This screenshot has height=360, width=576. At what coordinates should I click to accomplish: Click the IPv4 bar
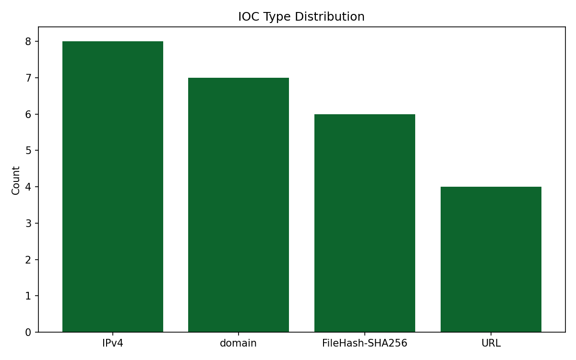coord(113,187)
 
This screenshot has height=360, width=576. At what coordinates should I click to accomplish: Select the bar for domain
coord(239,205)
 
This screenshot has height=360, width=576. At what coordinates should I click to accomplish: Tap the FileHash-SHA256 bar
coord(365,223)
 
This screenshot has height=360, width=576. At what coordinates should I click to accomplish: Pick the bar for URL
coord(491,259)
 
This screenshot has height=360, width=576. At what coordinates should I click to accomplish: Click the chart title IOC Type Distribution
coord(301,17)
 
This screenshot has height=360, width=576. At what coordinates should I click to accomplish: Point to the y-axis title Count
coord(16,180)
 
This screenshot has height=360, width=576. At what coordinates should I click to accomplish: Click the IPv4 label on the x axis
coord(113,343)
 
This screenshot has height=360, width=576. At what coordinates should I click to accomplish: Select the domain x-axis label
coord(239,343)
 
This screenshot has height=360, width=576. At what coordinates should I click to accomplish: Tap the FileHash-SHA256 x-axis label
coord(365,343)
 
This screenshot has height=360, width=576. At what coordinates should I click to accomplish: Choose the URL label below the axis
coord(491,343)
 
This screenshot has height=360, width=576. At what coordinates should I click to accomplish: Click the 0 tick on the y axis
coord(28,332)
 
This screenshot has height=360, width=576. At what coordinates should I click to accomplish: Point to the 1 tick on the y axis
coord(28,296)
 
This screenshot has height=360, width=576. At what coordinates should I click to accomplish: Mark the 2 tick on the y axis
coord(28,260)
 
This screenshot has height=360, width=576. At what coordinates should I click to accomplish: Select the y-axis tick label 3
coord(28,223)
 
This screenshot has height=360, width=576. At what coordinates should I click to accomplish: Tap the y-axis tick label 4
coord(28,187)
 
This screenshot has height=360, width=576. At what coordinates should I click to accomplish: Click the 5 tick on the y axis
coord(28,151)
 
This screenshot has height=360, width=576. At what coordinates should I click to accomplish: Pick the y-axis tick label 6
coord(28,114)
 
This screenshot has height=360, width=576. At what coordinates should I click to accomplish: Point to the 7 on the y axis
coord(28,78)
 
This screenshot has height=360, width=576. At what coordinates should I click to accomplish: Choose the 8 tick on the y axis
coord(28,42)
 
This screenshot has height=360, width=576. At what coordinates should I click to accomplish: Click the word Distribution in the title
coord(330,17)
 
